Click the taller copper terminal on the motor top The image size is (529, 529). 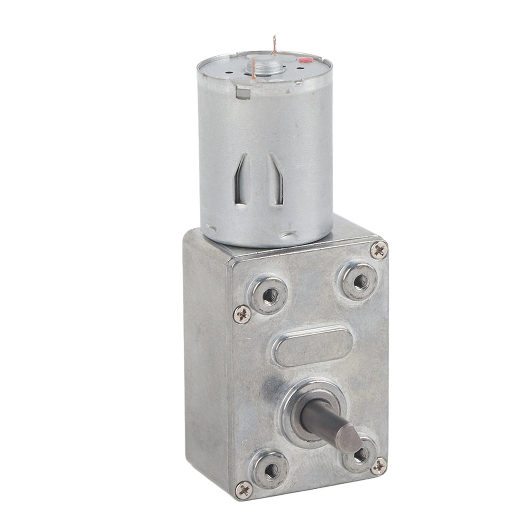tap(274, 45)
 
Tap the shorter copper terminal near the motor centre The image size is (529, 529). tap(254, 69)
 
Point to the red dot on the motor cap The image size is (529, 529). tap(305, 61)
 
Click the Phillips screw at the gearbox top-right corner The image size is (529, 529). tap(379, 250)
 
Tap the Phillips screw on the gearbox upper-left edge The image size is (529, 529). tap(242, 314)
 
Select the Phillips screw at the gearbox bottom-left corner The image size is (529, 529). tap(244, 489)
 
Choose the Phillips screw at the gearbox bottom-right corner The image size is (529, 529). tap(379, 465)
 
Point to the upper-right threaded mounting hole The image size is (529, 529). tap(360, 282)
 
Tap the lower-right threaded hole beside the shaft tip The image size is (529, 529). tap(361, 455)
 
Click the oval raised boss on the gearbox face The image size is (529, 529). tap(313, 346)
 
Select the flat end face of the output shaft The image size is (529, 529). tap(349, 439)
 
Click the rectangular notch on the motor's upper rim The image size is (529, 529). tap(241, 92)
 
